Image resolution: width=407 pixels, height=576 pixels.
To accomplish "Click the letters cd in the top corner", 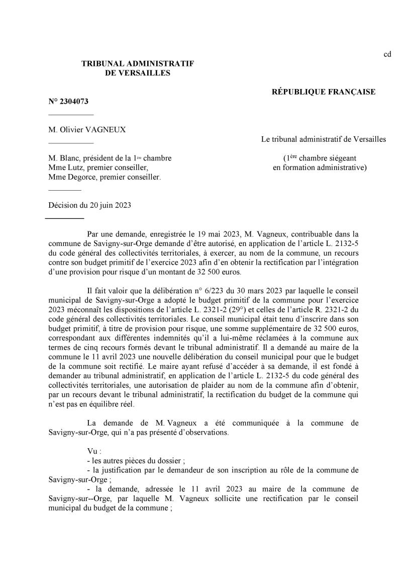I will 387,54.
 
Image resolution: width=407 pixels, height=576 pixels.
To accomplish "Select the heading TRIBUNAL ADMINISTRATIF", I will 138,63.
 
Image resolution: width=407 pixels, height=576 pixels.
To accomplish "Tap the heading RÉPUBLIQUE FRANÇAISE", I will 324,92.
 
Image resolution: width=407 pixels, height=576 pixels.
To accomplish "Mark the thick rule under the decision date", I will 64,219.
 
